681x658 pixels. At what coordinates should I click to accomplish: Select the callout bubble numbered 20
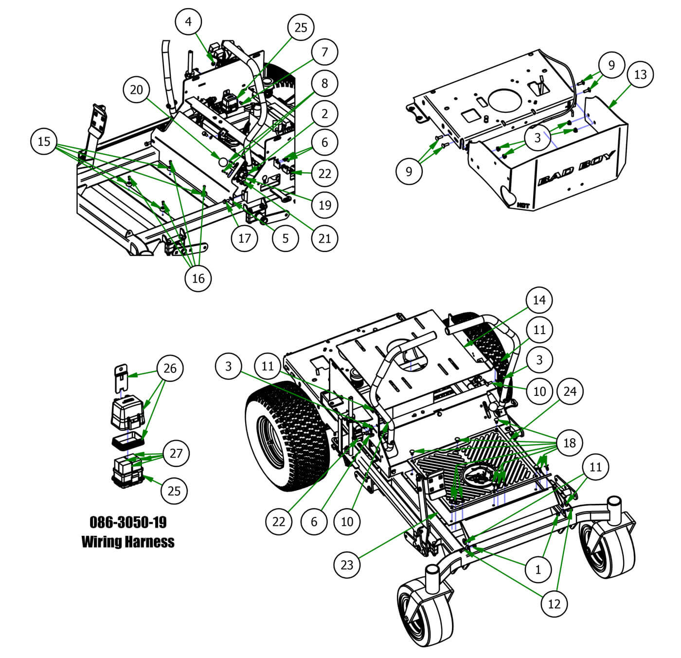(x=137, y=89)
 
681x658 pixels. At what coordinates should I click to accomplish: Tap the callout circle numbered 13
(x=641, y=74)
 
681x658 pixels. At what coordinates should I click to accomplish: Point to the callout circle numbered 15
(x=44, y=142)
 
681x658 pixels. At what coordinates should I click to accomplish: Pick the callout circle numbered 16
(x=198, y=278)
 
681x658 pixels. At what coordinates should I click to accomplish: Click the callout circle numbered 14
(x=539, y=300)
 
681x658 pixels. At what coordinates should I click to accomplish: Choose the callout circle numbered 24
(x=570, y=391)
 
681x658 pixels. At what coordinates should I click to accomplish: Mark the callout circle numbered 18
(x=569, y=443)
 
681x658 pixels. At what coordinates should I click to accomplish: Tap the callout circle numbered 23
(x=347, y=565)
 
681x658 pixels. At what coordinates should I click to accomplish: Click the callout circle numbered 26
(x=170, y=368)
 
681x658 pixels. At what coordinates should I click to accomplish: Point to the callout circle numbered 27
(x=176, y=453)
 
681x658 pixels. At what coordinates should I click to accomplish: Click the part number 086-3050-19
(x=128, y=522)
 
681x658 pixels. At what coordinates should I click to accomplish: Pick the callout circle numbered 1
(x=538, y=569)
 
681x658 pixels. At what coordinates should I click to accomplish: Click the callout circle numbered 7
(x=324, y=52)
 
